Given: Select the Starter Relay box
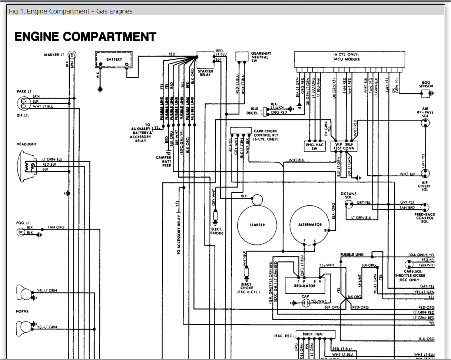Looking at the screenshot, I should [205, 60].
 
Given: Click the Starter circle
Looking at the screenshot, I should [257, 225].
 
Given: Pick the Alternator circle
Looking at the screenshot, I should [310, 225].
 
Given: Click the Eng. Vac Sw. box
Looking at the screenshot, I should [315, 146].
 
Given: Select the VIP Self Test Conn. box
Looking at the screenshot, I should [344, 146].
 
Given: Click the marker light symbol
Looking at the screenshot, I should [72, 55].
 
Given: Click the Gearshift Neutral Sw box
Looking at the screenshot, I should [241, 56].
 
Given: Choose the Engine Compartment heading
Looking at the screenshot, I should [85, 37].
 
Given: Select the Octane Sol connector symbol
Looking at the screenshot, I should [349, 205].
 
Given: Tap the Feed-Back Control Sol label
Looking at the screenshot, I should [425, 218].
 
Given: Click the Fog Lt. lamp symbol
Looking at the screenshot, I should [21, 232].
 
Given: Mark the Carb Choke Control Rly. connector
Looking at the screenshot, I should [241, 131].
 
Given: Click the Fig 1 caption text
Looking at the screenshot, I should [71, 11].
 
